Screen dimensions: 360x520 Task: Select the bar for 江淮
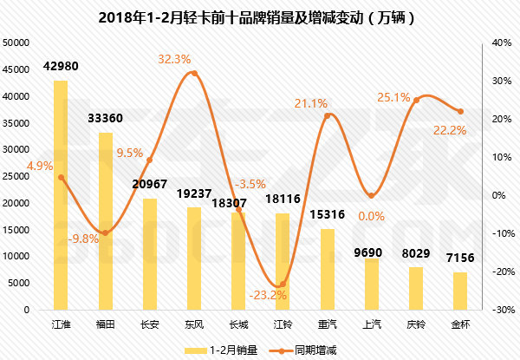[61, 195]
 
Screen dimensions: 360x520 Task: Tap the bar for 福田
[105, 221]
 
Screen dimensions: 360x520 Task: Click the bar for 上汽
[371, 284]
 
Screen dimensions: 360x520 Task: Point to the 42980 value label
[61, 68]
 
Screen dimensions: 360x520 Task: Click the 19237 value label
[193, 194]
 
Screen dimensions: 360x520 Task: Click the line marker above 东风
[193, 73]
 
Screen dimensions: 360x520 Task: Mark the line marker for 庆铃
[415, 100]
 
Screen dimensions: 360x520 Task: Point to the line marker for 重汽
[327, 115]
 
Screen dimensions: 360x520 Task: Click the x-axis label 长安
[149, 324]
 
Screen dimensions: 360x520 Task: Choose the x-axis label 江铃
[283, 324]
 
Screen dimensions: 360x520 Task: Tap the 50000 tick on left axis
[17, 43]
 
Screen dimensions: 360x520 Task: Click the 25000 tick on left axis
[17, 176]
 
